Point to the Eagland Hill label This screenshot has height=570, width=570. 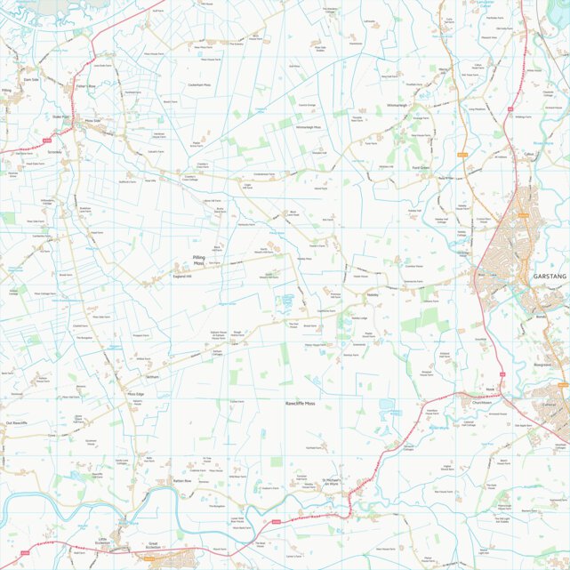[184, 277]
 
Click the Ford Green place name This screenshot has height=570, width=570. [421, 167]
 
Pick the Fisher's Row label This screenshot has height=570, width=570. [86, 85]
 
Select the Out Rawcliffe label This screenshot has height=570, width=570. [17, 423]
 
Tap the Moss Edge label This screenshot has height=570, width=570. [135, 393]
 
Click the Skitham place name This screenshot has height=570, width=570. [152, 377]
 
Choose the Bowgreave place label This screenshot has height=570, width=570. [543, 365]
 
